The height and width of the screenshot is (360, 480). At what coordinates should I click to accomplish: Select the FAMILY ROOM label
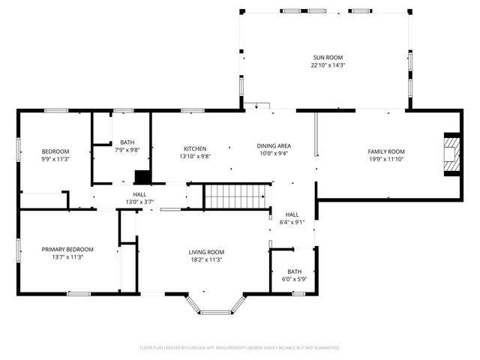click(x=385, y=151)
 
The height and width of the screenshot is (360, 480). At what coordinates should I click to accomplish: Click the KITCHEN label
click(x=194, y=148)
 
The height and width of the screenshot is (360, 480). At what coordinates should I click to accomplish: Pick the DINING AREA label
click(x=274, y=145)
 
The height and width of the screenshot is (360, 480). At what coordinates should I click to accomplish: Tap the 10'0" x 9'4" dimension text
click(x=274, y=154)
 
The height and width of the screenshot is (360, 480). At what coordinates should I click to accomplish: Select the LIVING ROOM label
click(x=205, y=252)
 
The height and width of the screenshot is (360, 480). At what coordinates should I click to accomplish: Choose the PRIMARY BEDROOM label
click(x=67, y=249)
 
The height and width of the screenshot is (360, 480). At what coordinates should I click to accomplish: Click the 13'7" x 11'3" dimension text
click(x=67, y=257)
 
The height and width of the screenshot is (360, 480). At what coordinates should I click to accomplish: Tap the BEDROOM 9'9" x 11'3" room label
click(x=55, y=151)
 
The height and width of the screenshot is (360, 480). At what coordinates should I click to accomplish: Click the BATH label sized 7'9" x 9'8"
click(x=127, y=142)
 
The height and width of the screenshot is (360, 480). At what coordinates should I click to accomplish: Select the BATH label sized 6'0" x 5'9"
click(x=294, y=271)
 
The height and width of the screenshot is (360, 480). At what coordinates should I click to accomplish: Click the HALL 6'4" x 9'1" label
click(x=292, y=214)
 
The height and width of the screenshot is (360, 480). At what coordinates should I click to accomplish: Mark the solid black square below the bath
click(x=142, y=177)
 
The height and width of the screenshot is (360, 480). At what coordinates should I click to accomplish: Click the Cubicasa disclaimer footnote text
click(x=240, y=348)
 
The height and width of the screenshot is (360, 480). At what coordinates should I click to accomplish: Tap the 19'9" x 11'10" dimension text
click(x=385, y=159)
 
